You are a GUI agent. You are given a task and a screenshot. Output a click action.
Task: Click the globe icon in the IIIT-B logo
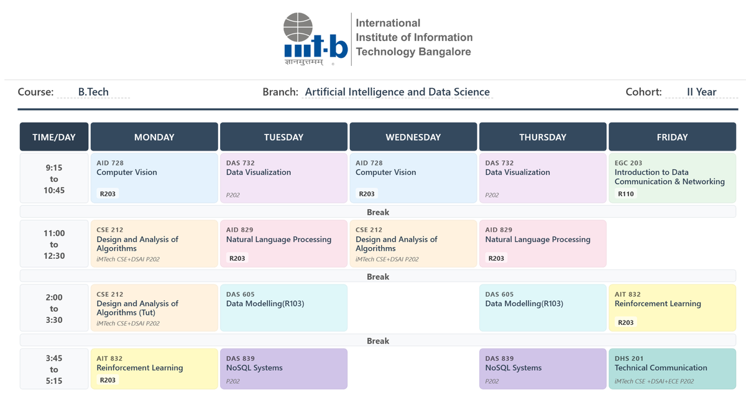pyautogui.click(x=298, y=27)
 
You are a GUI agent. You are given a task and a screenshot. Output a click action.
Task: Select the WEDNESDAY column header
pyautogui.click(x=413, y=137)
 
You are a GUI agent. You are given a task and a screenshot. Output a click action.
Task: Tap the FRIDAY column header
pyautogui.click(x=672, y=137)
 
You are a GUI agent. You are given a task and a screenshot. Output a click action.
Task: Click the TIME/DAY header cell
pyautogui.click(x=54, y=137)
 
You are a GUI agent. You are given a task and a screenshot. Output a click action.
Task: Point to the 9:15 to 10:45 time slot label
pyautogui.click(x=54, y=179)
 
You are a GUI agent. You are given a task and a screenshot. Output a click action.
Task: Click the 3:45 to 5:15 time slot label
pyautogui.click(x=54, y=369)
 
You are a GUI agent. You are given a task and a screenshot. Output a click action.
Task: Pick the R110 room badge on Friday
pyautogui.click(x=626, y=194)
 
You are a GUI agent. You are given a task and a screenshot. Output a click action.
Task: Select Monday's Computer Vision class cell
pyautogui.click(x=154, y=178)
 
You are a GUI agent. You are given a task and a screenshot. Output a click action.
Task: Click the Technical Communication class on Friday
pyautogui.click(x=672, y=368)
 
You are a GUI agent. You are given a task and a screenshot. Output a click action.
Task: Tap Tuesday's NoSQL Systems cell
pyautogui.click(x=283, y=368)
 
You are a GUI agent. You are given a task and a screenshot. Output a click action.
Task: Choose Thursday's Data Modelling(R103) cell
pyautogui.click(x=543, y=307)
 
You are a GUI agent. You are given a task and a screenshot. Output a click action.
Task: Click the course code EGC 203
pyautogui.click(x=628, y=163)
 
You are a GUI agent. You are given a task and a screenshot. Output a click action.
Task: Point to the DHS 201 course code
pyautogui.click(x=629, y=358)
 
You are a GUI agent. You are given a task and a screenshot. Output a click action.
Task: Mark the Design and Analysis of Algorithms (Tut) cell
pyautogui.click(x=154, y=307)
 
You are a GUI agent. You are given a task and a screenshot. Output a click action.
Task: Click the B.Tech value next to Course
pyautogui.click(x=93, y=91)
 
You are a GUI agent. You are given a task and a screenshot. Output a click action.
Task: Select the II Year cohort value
pyautogui.click(x=701, y=91)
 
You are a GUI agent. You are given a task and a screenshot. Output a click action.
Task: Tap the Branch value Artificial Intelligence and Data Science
pyautogui.click(x=397, y=91)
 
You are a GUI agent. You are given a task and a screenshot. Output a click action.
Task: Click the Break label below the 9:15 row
pyautogui.click(x=378, y=212)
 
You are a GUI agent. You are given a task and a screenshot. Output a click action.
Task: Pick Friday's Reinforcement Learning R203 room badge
pyautogui.click(x=626, y=322)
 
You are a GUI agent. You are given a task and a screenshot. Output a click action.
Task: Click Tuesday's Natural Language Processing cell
pyautogui.click(x=283, y=244)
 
